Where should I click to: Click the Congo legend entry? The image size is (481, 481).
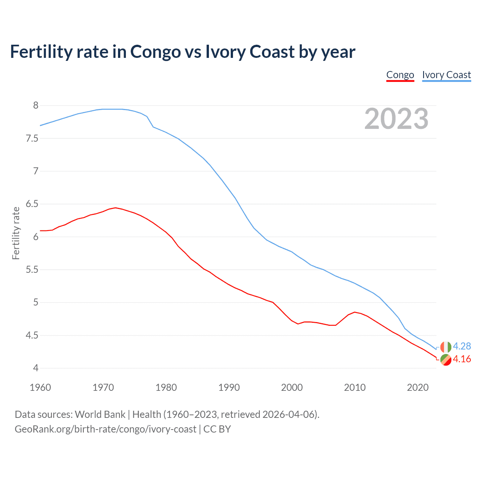[400, 75]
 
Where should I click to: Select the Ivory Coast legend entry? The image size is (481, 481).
[446, 75]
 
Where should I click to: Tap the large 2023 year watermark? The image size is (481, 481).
[396, 119]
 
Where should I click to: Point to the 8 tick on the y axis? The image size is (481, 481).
[36, 106]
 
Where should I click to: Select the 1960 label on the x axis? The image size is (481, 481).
[40, 387]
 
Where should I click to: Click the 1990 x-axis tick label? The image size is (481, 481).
[229, 387]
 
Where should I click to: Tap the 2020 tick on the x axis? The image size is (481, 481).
[417, 387]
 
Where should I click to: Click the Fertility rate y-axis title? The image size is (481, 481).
[16, 233]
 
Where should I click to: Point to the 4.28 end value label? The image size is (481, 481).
[462, 346]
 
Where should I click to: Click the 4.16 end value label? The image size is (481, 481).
[462, 359]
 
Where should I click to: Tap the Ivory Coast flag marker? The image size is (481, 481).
[446, 346]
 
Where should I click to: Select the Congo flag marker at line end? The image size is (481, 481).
[446, 360]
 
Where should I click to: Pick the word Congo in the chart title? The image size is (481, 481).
[156, 51]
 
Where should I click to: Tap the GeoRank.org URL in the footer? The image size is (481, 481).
[105, 429]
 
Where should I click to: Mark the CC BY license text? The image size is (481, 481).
[217, 429]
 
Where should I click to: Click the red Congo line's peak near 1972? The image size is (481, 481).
[115, 207]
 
